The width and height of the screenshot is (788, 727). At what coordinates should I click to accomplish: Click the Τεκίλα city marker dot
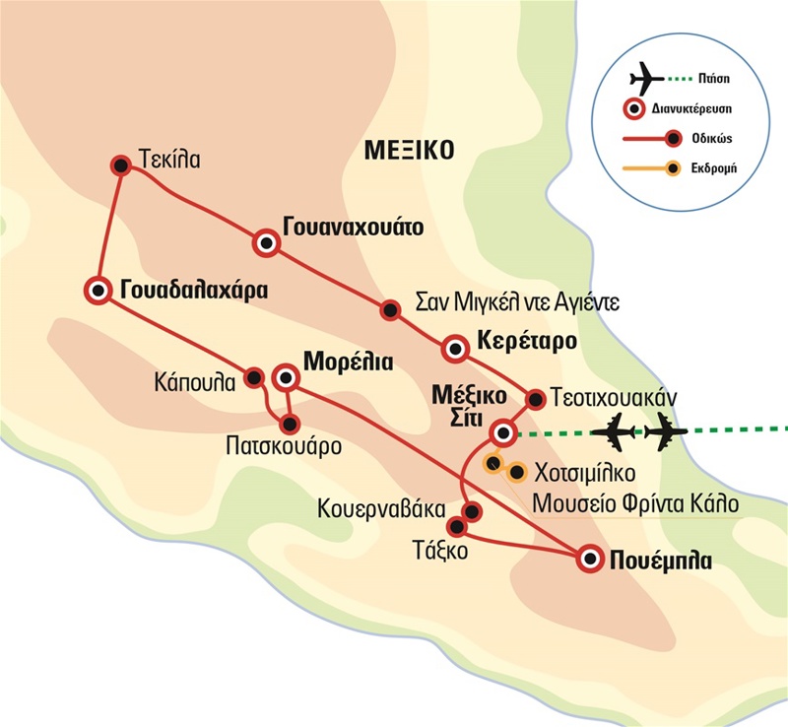120,166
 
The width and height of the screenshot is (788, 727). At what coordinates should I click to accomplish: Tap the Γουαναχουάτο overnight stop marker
265,242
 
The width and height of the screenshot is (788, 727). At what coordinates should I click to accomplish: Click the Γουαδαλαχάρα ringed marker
98,290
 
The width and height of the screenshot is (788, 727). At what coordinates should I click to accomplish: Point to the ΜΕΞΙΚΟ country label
407,151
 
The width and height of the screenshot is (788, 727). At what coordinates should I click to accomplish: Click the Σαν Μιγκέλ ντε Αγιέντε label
517,300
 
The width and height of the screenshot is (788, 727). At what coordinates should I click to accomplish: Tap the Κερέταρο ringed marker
454,348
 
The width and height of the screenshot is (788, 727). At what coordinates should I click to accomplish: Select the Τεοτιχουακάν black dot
536,399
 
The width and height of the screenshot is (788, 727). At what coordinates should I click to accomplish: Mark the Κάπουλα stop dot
254,376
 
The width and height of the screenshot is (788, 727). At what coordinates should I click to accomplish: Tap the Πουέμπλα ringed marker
589,559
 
